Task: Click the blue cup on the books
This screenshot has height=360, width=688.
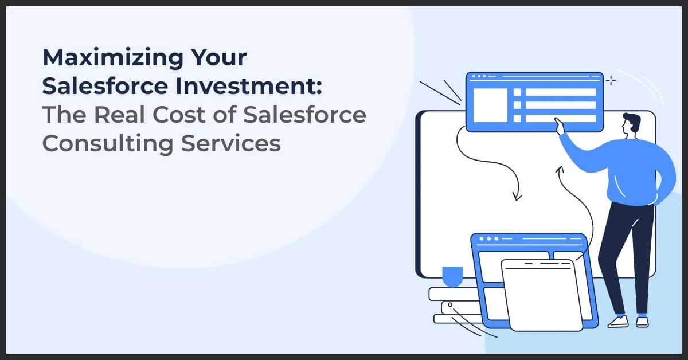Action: [x=452, y=276]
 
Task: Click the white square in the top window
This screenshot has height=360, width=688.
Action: [x=490, y=105]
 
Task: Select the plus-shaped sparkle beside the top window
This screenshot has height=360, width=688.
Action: [x=611, y=81]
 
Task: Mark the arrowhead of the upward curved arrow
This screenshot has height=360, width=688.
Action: [x=560, y=169]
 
